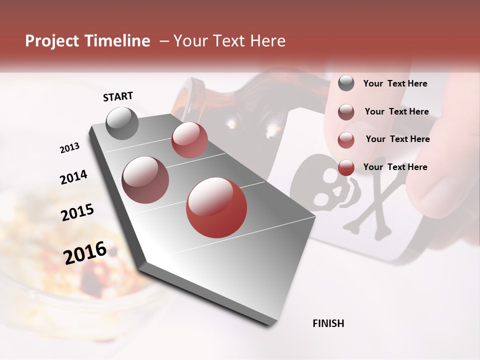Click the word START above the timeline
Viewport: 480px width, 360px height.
pos(118,96)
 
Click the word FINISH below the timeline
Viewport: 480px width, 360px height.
pos(328,323)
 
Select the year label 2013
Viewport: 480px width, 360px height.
pos(69,148)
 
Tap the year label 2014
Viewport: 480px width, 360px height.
pos(73,177)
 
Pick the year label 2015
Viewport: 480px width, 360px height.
pos(77,212)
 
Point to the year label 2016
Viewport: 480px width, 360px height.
pos(85,252)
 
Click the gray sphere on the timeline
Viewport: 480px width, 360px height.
pos(122,123)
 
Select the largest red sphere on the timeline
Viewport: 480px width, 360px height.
pos(216,207)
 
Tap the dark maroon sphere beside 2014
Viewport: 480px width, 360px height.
pos(145,179)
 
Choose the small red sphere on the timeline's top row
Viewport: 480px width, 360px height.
pos(189,140)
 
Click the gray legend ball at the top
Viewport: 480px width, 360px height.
pos(346,83)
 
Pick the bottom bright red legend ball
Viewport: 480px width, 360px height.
pos(346,167)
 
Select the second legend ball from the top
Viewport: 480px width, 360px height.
pos(346,112)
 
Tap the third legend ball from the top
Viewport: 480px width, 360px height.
pos(346,140)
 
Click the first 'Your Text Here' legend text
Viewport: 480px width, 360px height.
pos(395,83)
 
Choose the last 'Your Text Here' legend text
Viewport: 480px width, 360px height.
pos(395,167)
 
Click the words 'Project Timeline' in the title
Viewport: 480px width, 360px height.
pos(87,41)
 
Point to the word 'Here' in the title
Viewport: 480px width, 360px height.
pos(267,41)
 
